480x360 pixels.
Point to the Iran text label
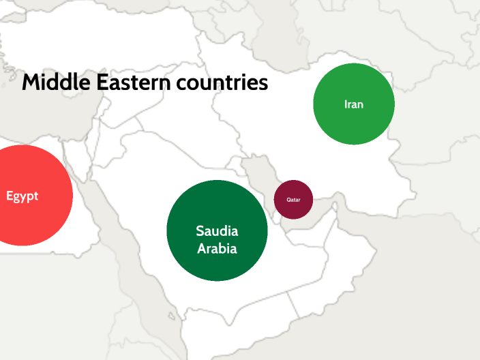coord(354,104)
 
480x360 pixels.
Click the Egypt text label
coord(22,196)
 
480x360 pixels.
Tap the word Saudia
coord(217,231)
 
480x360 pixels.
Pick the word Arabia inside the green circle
coord(217,249)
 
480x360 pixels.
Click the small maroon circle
coord(293,191)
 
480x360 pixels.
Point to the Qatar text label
coord(293,200)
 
